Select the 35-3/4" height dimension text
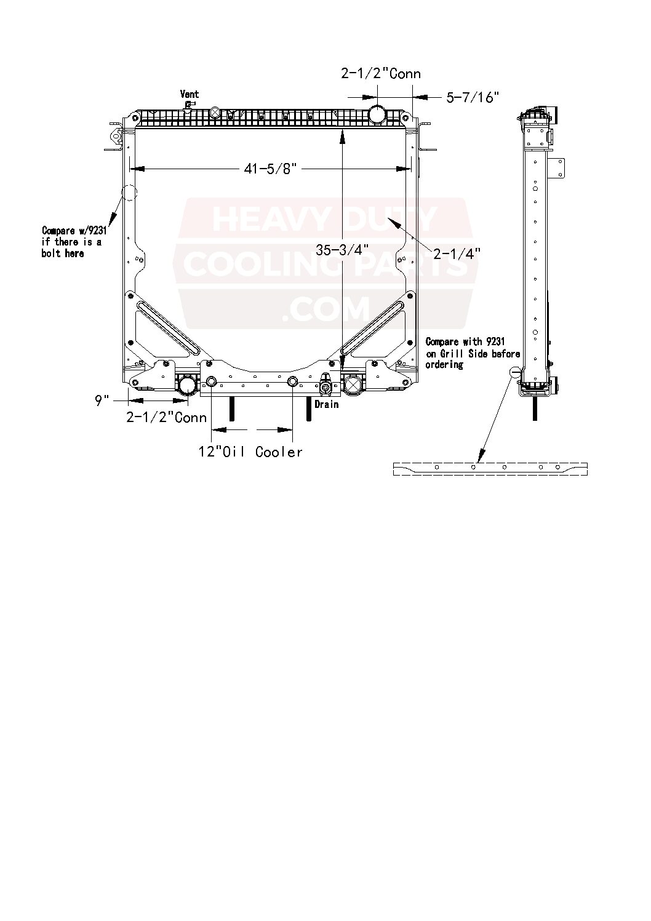tap(343, 250)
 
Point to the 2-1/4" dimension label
tap(457, 252)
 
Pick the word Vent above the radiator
tap(190, 94)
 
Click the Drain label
tap(327, 405)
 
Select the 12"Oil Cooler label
tap(250, 452)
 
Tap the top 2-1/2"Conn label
tap(381, 74)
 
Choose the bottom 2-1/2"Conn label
tap(167, 418)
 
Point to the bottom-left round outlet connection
tap(186, 386)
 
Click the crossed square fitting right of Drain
tap(353, 386)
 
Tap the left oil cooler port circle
tap(211, 382)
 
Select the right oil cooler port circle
tap(293, 382)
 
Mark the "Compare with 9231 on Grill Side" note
tap(473, 353)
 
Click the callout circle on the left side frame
tap(130, 193)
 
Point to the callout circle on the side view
tap(516, 373)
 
